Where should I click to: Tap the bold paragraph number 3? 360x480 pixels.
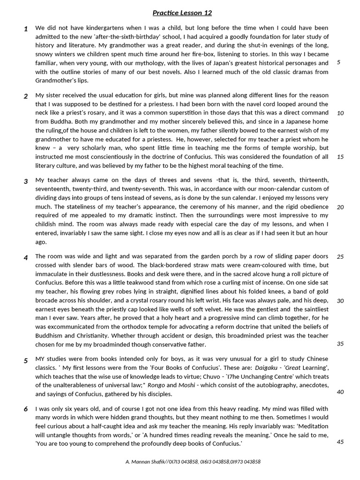click(x=26, y=181)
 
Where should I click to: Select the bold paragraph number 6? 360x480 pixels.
click(x=26, y=409)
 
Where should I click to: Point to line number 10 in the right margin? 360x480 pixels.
click(x=340, y=113)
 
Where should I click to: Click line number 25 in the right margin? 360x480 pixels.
click(x=340, y=256)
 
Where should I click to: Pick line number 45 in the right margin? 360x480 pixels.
click(x=340, y=442)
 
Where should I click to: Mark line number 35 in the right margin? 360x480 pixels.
click(x=340, y=344)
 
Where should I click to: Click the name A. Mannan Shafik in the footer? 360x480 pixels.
click(x=143, y=462)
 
